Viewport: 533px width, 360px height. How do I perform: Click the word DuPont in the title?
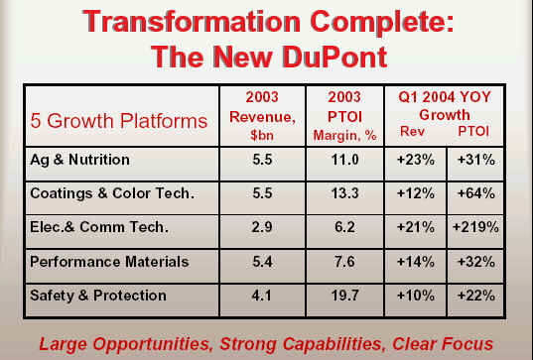(334, 57)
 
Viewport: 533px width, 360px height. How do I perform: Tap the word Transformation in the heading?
(192, 22)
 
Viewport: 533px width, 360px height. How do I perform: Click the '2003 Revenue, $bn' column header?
(262, 116)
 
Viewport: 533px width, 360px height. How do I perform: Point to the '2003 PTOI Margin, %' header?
(344, 116)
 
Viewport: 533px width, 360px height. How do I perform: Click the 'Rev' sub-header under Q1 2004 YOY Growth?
(412, 131)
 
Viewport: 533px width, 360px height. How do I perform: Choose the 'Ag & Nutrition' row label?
(79, 160)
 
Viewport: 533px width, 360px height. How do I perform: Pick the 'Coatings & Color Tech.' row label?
(112, 193)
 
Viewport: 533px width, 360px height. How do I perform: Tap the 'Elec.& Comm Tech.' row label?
(99, 227)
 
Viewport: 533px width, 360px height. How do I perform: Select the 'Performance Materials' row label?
(109, 262)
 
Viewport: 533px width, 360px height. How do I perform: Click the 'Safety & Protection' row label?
(98, 296)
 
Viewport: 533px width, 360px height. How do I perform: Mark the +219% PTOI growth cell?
(475, 227)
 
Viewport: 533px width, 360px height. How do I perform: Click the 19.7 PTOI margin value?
(345, 296)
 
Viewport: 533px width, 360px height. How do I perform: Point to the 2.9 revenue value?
(262, 227)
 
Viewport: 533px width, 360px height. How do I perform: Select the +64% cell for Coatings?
(476, 193)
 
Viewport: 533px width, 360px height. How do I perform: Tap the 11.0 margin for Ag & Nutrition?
(345, 160)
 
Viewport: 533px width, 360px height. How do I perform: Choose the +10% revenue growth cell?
(416, 296)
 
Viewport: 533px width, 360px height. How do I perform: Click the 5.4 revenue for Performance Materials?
(262, 262)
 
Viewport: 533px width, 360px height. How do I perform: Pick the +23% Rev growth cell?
(416, 160)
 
